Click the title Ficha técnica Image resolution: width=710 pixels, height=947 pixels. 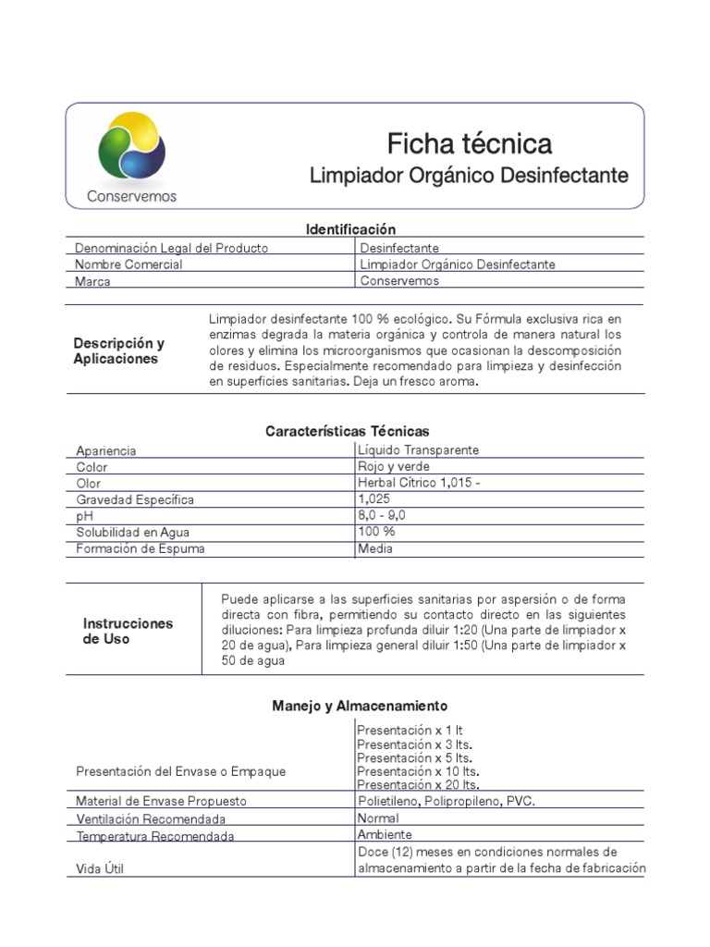pos(469,143)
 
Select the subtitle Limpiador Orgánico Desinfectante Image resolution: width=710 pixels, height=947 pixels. pos(469,176)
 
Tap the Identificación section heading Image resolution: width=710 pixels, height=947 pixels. pos(350,229)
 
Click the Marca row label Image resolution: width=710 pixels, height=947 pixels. pos(93,282)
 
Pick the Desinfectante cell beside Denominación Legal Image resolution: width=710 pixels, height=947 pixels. pos(399,248)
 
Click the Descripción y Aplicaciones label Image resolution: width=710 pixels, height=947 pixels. pos(118,351)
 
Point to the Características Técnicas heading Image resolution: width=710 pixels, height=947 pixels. pos(347,432)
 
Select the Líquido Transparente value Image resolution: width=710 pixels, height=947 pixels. pos(418,449)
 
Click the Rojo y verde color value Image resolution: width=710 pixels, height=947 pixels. pos(393,466)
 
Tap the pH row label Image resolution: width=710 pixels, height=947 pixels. pos(85,517)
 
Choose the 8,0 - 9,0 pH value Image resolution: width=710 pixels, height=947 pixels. pos(382,515)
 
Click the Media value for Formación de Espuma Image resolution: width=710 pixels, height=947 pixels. pos(376,548)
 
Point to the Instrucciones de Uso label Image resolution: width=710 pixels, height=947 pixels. pos(128,631)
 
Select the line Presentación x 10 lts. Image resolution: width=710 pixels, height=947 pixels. pos(418,771)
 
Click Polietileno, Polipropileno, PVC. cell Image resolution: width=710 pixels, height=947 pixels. pos(446,801)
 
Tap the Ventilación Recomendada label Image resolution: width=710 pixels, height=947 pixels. pos(151,819)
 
